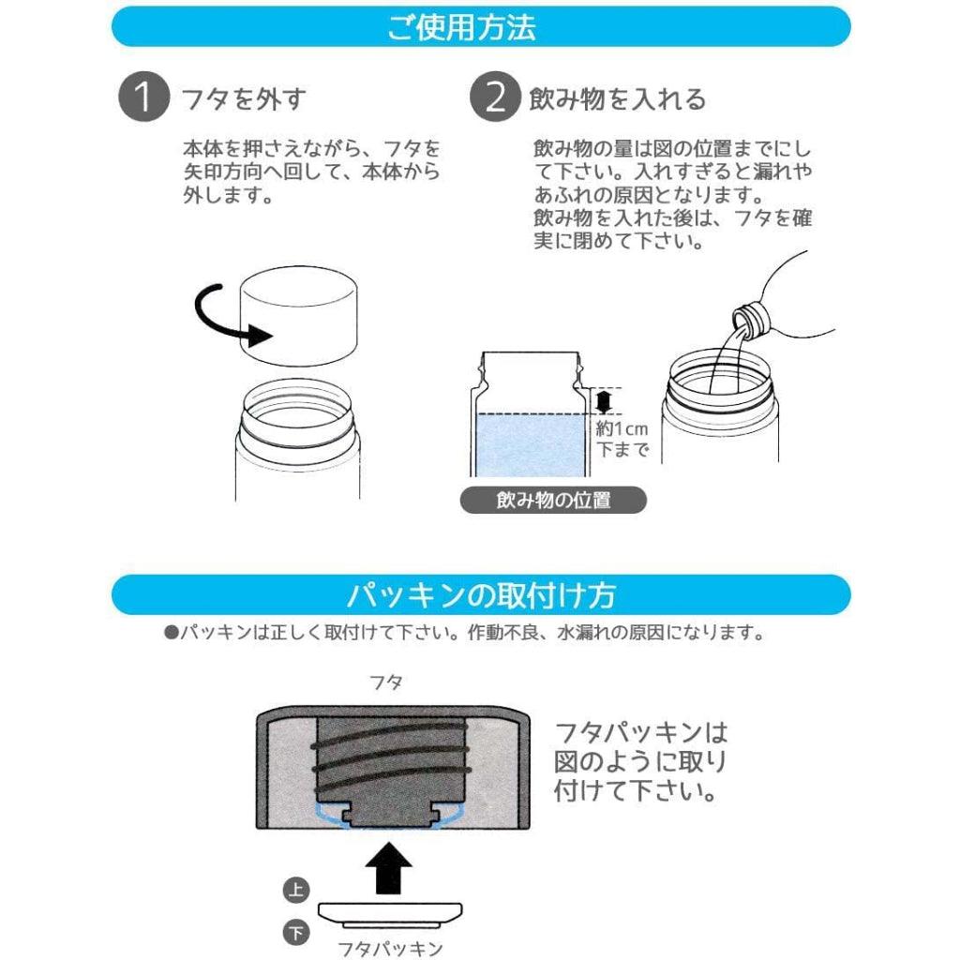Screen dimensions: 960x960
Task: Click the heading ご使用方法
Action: point(461,27)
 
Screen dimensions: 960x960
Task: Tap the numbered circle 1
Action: point(143,97)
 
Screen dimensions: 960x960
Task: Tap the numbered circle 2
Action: point(495,97)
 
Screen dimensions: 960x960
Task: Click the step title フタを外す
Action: point(244,98)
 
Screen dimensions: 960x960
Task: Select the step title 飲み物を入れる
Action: point(617,98)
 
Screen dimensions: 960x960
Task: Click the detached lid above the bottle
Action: point(297,315)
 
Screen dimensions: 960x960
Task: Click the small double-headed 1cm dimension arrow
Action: point(604,401)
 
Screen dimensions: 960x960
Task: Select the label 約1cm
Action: point(622,428)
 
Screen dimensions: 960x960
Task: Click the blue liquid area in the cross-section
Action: point(531,445)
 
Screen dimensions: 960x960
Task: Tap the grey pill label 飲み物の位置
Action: point(553,501)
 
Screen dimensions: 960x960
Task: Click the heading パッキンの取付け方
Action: point(481,595)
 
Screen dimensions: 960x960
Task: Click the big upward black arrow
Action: point(389,867)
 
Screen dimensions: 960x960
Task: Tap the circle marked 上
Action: point(296,890)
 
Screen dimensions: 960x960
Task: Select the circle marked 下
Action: point(296,933)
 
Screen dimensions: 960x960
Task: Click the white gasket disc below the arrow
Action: point(390,915)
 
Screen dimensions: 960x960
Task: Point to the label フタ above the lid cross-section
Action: point(385,682)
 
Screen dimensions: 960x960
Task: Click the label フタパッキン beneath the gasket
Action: point(391,949)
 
